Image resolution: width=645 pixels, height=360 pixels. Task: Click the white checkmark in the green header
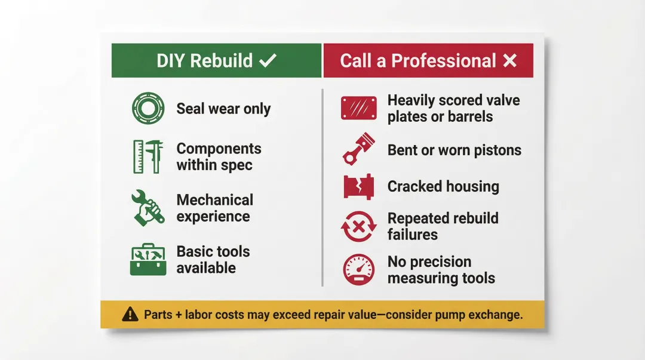[268, 60]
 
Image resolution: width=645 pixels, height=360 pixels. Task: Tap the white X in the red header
[509, 60]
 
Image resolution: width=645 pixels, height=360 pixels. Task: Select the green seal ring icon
[144, 108]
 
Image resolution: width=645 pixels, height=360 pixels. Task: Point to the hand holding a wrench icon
[148, 208]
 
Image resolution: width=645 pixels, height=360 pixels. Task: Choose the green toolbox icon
[148, 260]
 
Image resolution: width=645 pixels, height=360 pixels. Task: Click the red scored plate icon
[358, 108]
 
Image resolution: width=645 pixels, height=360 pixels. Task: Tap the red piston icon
[358, 149]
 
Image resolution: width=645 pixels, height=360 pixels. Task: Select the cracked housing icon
[358, 186]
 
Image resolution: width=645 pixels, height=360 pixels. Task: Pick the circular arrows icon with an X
[358, 227]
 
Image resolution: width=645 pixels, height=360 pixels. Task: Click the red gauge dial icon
[358, 269]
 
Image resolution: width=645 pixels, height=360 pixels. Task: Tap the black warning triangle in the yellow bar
[130, 314]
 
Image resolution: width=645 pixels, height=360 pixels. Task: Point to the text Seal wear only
[223, 109]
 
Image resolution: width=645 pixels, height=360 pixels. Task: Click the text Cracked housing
[443, 186]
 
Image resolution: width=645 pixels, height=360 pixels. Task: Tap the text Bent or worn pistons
[454, 150]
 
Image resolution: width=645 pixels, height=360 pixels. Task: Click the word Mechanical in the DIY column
[214, 200]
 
